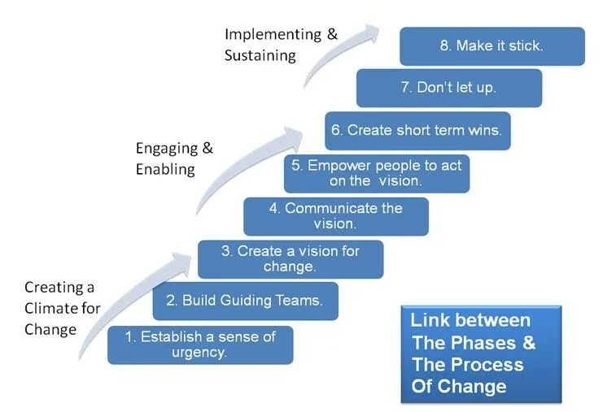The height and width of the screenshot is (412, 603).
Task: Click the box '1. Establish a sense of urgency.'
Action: [x=200, y=345]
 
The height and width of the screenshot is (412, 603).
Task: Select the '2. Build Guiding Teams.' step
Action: [x=245, y=301]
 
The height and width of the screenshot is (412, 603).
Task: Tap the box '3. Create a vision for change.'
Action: [x=290, y=258]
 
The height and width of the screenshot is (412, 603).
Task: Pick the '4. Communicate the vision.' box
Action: [x=335, y=216]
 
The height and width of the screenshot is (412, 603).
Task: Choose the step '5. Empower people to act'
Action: [x=376, y=173]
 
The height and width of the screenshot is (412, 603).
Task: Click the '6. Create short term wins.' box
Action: [x=417, y=130]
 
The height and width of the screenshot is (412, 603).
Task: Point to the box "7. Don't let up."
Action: [x=448, y=88]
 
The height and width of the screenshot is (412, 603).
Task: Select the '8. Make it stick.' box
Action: [x=492, y=46]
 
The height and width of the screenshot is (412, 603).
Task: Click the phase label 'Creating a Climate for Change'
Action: [x=61, y=308]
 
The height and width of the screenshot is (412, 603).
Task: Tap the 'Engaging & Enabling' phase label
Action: [x=173, y=158]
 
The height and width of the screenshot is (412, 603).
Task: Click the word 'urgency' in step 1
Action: [x=199, y=353]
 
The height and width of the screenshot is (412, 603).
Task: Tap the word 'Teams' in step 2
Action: [x=302, y=301]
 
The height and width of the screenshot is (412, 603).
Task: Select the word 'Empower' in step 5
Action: [x=336, y=165]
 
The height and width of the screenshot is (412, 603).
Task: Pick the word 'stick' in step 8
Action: [x=525, y=46]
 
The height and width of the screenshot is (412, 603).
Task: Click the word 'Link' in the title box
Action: [x=429, y=320]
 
